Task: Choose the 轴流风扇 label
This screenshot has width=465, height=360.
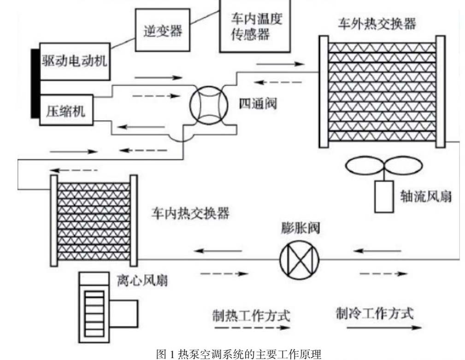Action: click(427, 197)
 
